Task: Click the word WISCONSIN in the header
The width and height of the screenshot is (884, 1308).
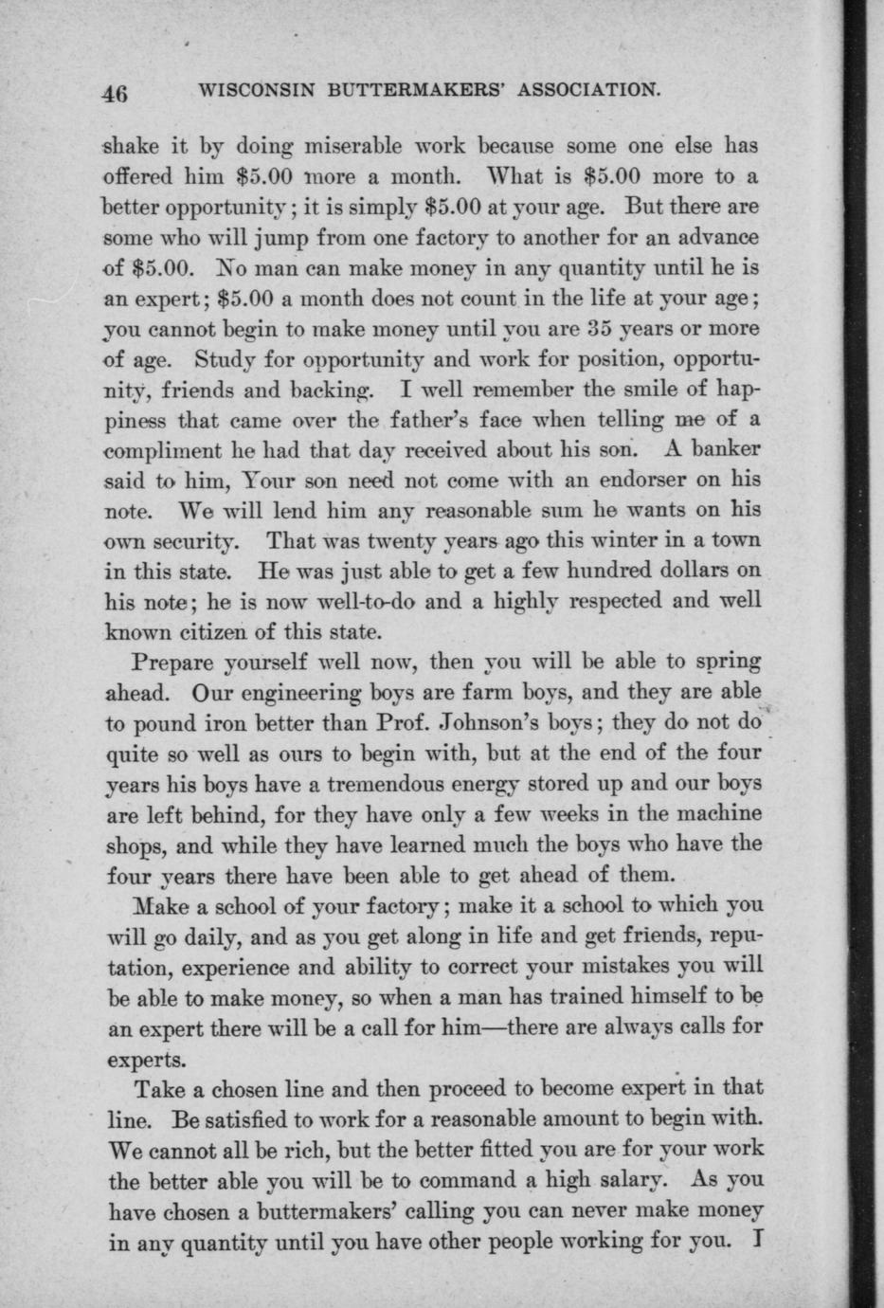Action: [x=255, y=91]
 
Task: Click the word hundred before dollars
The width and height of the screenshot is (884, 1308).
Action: [x=577, y=570]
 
